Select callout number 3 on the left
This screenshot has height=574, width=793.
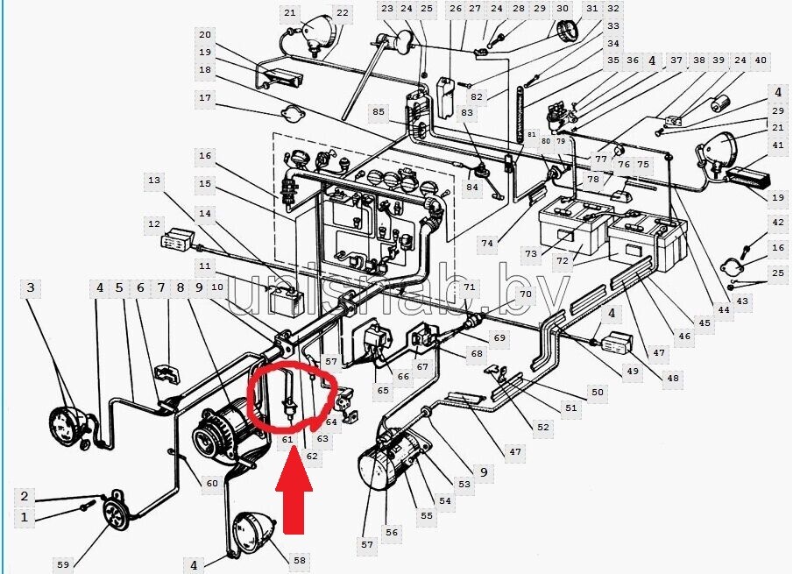32,287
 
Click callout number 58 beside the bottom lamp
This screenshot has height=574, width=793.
300,560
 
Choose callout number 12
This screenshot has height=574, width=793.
154,224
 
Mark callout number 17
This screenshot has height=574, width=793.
205,98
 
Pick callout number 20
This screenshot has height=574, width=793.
205,35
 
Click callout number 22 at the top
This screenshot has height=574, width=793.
342,13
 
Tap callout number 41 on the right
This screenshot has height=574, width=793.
777,145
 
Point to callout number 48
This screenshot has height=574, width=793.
672,379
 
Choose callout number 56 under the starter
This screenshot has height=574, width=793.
391,532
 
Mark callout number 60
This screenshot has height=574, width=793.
211,483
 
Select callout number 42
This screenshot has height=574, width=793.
777,223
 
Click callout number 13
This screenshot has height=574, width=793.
154,181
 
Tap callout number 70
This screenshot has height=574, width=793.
525,294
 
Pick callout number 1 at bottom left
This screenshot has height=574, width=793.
25,518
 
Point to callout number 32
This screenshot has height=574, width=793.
612,9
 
